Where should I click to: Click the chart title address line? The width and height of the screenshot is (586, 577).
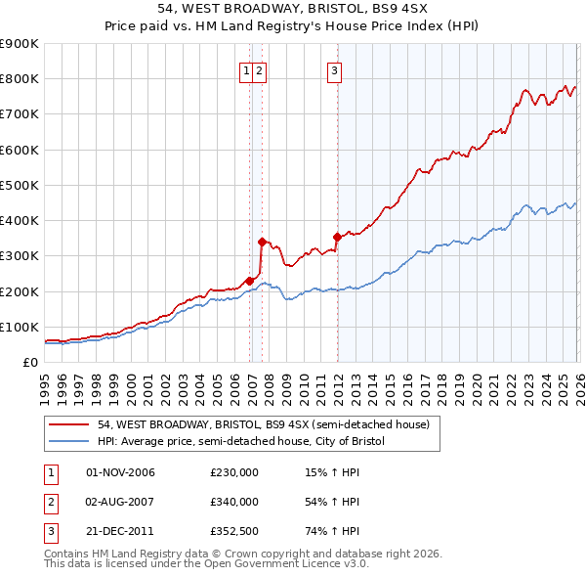tap(292, 9)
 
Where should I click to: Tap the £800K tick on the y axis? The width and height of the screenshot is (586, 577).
tap(20, 79)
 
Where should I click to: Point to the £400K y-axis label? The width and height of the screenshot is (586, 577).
tap(20, 221)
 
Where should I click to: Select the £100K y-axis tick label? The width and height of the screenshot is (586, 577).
tap(20, 327)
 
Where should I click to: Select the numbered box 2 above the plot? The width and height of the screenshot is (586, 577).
tap(260, 69)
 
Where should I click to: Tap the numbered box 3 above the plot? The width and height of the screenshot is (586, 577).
tap(334, 69)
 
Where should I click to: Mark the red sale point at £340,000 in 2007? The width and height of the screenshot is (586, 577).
tap(262, 242)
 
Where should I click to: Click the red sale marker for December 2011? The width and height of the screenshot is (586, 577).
tap(337, 237)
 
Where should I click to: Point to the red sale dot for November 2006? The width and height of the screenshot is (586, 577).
tap(249, 281)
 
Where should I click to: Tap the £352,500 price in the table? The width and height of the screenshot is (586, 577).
tap(235, 531)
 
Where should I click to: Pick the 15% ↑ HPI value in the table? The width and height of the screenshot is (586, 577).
tap(332, 472)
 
